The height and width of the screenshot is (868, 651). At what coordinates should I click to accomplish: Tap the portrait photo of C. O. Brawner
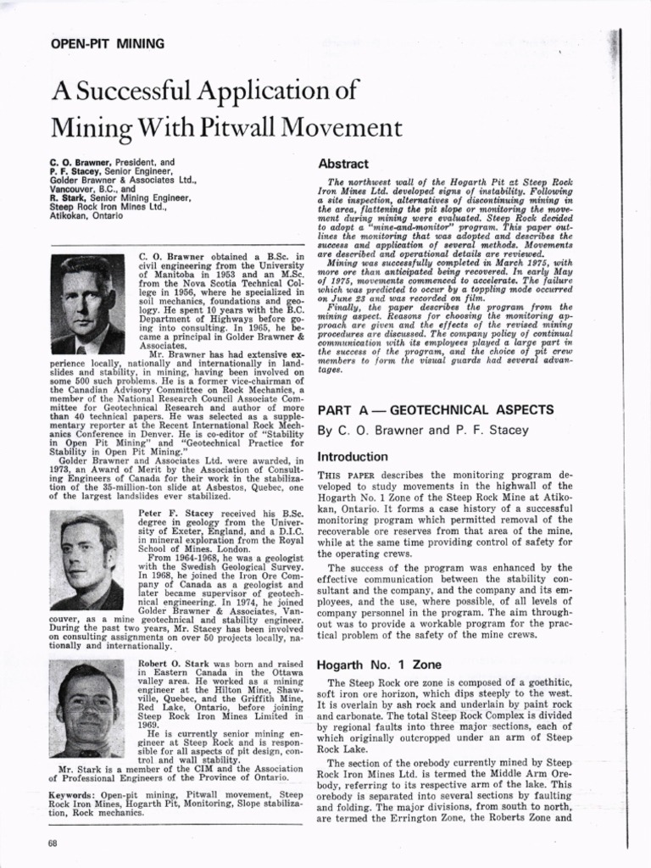tap(87, 304)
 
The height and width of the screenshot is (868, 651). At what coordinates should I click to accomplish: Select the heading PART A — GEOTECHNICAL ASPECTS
tap(436, 409)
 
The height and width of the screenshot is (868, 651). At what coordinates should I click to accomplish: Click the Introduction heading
tap(353, 457)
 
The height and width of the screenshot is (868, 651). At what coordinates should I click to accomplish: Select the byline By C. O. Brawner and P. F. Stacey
tap(422, 431)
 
